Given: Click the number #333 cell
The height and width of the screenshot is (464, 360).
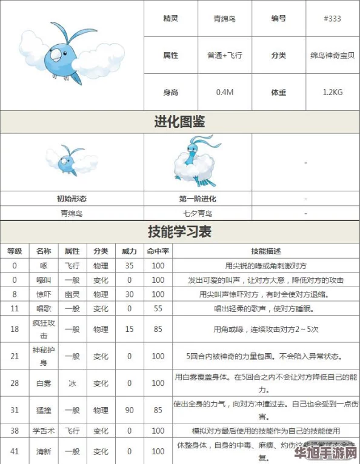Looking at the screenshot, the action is pos(333,19).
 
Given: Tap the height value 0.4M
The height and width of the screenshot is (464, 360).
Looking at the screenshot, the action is pos(225,93).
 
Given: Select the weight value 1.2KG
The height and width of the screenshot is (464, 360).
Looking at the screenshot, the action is pos(333,93).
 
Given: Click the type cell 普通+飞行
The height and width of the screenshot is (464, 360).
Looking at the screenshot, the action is pos(225,55).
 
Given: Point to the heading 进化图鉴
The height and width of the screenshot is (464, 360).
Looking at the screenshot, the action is pos(179,122).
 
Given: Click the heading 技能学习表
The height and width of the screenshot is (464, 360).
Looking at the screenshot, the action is pos(179,231).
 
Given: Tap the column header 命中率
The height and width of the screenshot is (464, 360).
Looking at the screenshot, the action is pos(158,251).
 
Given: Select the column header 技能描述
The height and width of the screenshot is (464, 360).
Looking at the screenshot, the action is pos(265,251).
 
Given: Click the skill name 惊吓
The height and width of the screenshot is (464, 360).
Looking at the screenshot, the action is pos(43,294).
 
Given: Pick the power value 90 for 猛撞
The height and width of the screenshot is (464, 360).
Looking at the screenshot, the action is pos(129,410).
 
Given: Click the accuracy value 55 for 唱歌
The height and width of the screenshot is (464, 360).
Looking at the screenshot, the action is pos(158,309).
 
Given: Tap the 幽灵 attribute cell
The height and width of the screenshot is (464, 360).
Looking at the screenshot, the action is pos(72,294).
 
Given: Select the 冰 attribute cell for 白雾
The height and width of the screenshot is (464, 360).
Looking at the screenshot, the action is pos(72,383).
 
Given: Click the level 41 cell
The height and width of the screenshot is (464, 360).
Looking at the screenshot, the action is pos(15,451).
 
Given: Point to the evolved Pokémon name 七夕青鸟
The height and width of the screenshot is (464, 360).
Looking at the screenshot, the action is pos(198,213).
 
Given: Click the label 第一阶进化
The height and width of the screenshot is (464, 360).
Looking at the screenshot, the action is pos(198,199).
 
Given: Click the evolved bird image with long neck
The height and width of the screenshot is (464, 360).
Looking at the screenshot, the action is pos(197,162).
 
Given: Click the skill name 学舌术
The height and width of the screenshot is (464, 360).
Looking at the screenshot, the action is pos(43,431).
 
